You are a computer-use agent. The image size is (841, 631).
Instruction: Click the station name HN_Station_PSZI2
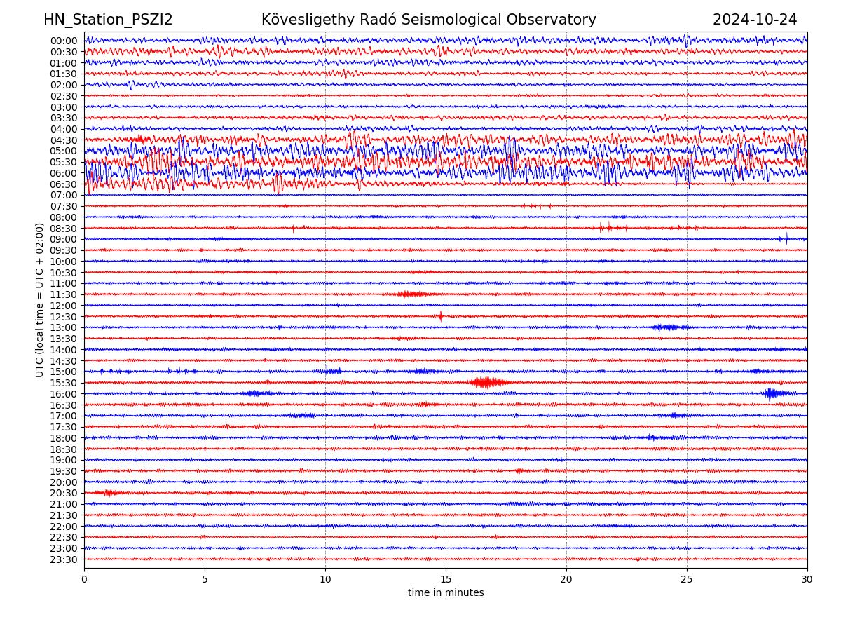[108, 20]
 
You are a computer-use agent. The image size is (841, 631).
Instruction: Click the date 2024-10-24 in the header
[755, 20]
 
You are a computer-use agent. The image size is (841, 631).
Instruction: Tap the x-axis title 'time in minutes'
[446, 593]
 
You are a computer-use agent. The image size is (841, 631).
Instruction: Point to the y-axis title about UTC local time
[40, 300]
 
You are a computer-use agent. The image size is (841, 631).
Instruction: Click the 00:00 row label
[64, 41]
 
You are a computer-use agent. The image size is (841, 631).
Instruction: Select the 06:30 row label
[64, 184]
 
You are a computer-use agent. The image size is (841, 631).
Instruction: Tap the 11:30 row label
[64, 294]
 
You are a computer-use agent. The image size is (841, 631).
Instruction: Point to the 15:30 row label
[64, 383]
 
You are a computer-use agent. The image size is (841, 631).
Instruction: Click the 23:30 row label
[64, 559]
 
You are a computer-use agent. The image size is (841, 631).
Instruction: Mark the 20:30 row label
[64, 494]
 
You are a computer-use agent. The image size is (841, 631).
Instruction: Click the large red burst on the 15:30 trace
[488, 382]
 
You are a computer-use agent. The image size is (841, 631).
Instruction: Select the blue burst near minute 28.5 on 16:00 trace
[772, 393]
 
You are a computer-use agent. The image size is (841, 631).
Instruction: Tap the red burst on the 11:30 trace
[413, 294]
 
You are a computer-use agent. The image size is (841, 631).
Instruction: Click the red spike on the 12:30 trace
[441, 316]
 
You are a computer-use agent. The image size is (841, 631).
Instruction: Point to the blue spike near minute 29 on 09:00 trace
[786, 239]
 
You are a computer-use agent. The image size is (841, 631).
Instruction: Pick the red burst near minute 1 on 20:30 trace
[109, 493]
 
